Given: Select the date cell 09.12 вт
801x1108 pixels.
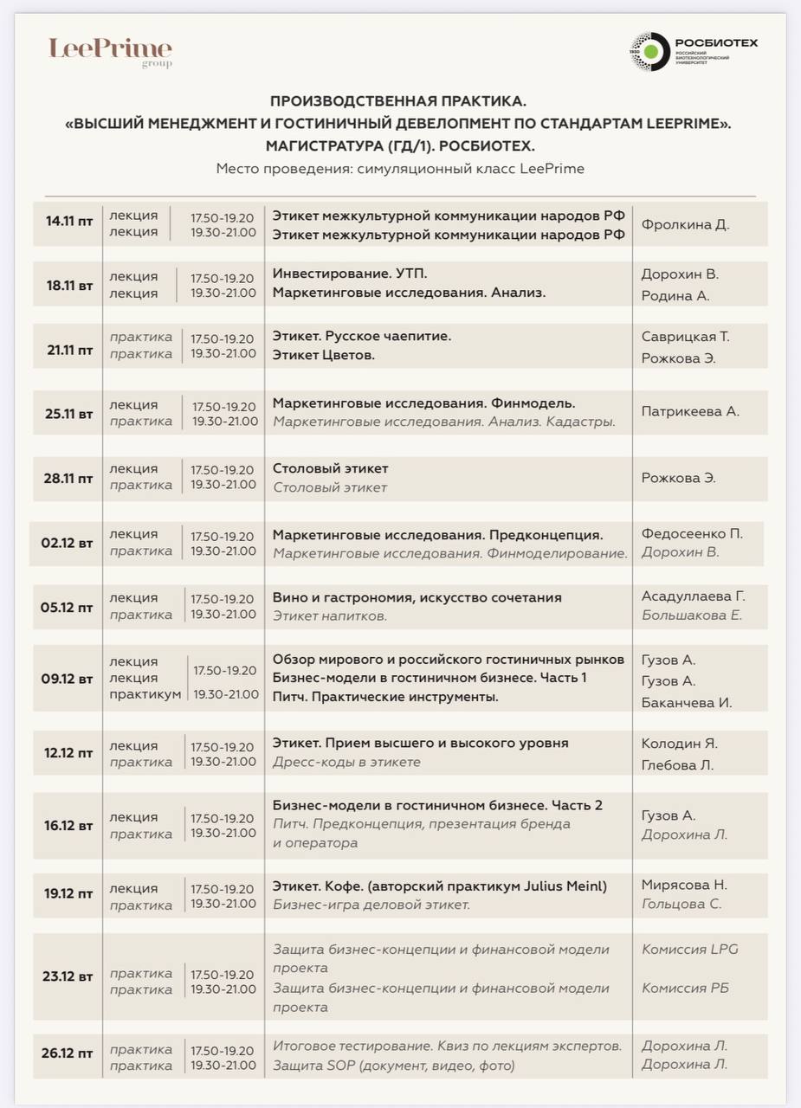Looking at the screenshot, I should pyautogui.click(x=67, y=678).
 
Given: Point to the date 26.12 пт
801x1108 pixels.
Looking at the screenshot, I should pyautogui.click(x=67, y=1053).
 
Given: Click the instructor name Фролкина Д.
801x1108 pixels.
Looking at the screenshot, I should pyautogui.click(x=685, y=224).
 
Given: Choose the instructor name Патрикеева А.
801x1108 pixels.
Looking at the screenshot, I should pyautogui.click(x=689, y=411).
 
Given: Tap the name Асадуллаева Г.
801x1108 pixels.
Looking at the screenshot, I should pyautogui.click(x=693, y=596).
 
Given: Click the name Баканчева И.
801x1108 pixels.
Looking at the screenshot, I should pyautogui.click(x=687, y=702).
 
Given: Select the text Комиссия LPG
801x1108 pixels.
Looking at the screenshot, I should pyautogui.click(x=689, y=949).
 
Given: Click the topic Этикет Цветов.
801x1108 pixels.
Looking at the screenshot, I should pyautogui.click(x=324, y=355).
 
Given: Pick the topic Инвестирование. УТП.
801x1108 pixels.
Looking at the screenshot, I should pyautogui.click(x=350, y=274).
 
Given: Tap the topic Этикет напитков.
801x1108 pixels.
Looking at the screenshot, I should pyautogui.click(x=330, y=616).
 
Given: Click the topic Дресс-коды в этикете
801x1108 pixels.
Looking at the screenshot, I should pyautogui.click(x=346, y=762).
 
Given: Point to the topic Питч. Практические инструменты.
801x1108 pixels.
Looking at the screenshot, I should pyautogui.click(x=385, y=696).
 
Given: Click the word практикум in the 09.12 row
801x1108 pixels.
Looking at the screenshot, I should pyautogui.click(x=145, y=694).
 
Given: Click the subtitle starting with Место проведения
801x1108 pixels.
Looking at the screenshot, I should pyautogui.click(x=399, y=168).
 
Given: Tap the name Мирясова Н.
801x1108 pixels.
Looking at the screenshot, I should pyautogui.click(x=684, y=885).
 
